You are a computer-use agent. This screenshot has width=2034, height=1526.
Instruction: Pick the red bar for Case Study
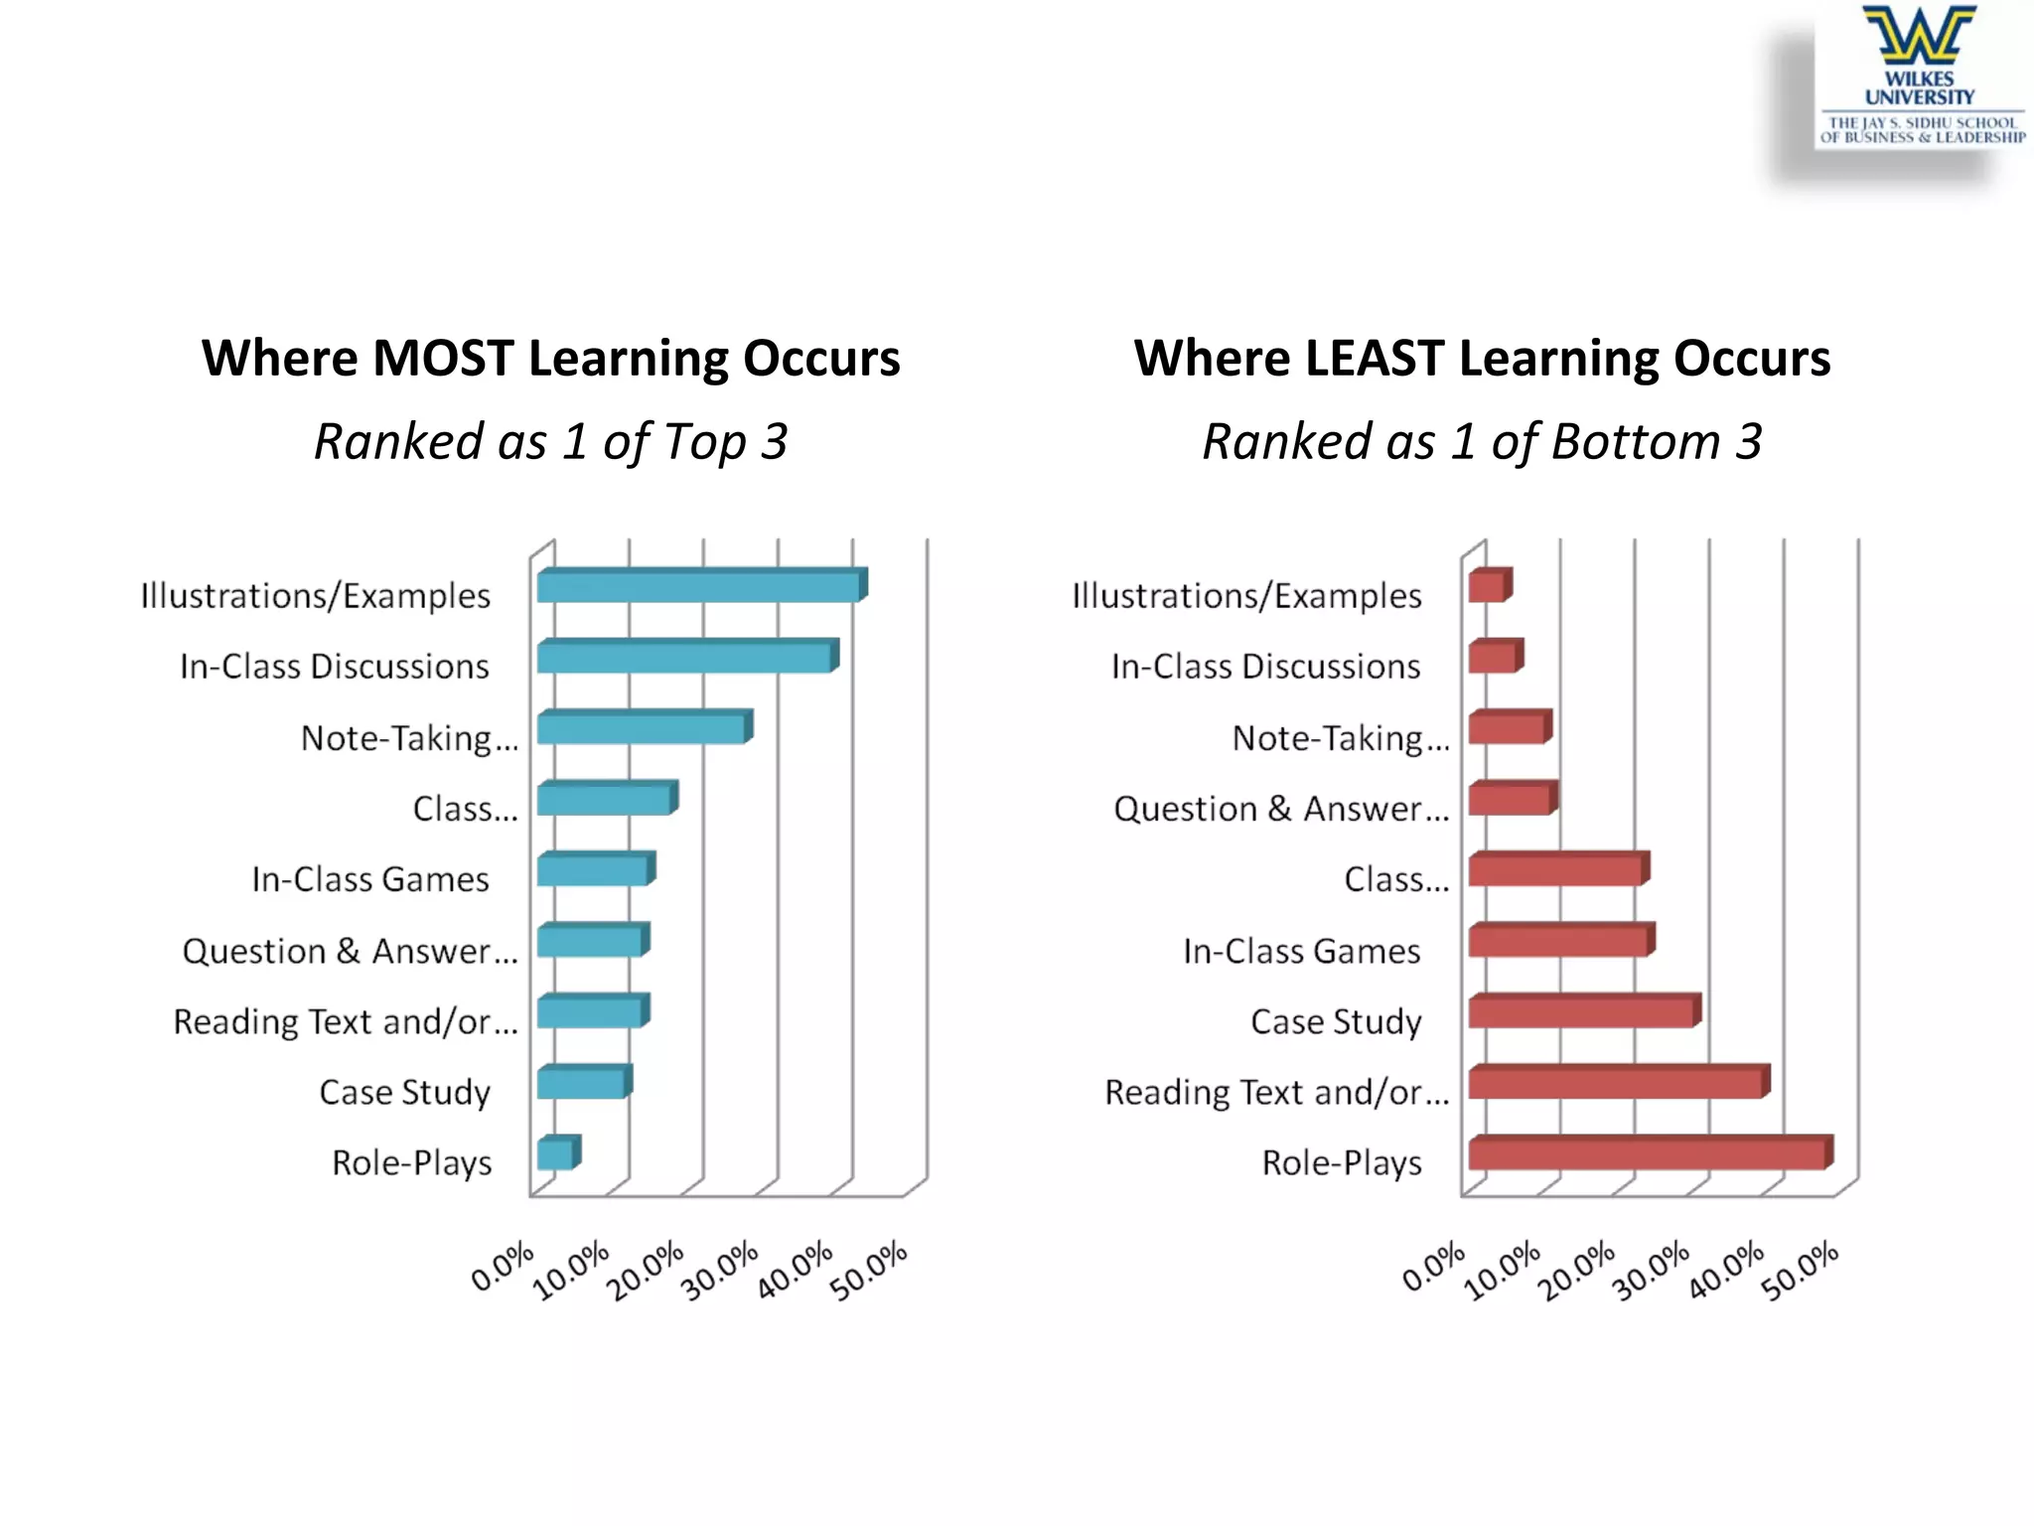click(1582, 1011)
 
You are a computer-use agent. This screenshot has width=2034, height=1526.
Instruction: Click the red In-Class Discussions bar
click(1494, 657)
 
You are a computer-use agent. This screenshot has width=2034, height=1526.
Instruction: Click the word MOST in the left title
click(443, 358)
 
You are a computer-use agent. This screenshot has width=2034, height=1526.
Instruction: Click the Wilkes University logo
click(1921, 76)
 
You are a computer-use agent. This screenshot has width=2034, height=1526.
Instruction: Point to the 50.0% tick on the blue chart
click(871, 1271)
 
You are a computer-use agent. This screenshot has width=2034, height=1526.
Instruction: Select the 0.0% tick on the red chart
click(1433, 1268)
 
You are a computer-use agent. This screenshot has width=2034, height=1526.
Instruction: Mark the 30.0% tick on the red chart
click(1652, 1271)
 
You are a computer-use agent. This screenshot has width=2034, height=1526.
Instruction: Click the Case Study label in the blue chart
click(405, 1092)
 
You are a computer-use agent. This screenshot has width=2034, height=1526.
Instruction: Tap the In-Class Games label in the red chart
click(1301, 951)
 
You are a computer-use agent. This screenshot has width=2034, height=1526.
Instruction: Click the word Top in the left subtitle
click(705, 441)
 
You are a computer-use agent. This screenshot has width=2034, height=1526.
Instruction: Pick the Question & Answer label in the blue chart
click(350, 951)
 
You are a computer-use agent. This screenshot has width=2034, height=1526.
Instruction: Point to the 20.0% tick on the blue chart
click(647, 1271)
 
